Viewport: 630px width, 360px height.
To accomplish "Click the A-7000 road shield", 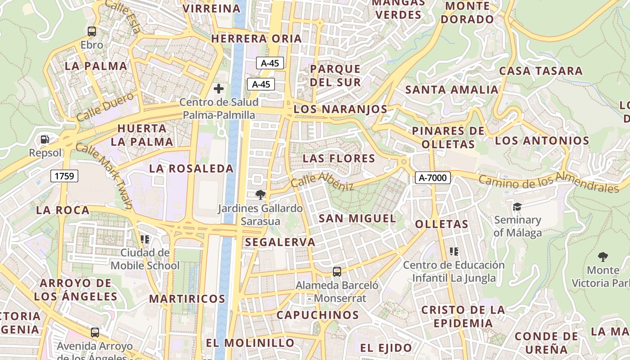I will pos(432,178).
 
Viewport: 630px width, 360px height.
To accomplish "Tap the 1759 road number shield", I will pos(64,175).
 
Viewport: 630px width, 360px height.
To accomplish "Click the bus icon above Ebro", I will pos(92,31).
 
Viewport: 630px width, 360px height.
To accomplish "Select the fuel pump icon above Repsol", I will pos(45,139).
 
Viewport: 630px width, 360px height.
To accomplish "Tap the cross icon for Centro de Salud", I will pos(219,88).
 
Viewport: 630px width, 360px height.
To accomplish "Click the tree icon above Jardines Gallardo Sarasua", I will pos(260,195).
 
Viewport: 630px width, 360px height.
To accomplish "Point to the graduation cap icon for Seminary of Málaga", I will pos(517,207).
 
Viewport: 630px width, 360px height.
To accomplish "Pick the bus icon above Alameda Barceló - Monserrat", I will pos(337,271).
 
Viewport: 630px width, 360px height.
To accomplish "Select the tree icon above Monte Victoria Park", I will pos(603,257).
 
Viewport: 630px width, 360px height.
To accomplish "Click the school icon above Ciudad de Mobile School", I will pos(145,239).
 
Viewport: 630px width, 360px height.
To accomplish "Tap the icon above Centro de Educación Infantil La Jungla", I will pos(454,251).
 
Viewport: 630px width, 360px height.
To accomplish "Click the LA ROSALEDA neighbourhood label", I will pos(191,169).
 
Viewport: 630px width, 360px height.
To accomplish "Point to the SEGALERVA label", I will pos(280,242).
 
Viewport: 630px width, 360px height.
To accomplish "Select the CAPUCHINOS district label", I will pos(318,315).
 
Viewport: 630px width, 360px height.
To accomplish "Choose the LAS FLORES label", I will pos(339,158).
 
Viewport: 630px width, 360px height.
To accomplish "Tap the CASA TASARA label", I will pos(540,71).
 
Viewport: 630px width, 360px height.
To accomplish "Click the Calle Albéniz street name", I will pos(322,181).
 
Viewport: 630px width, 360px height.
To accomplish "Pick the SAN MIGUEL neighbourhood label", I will pos(357,219).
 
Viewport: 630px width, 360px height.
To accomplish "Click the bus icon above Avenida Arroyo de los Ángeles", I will pos(94,333).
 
